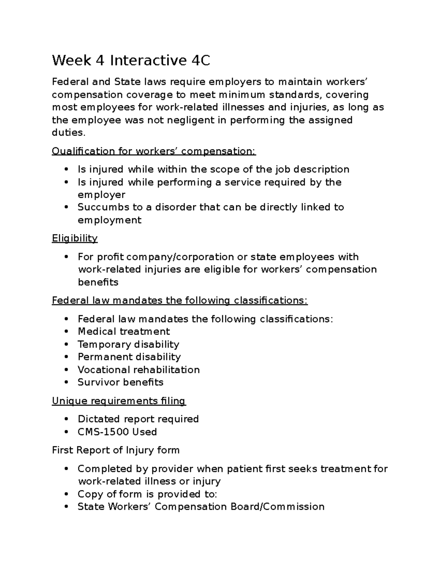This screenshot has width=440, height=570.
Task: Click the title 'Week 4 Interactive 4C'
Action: pos(131,61)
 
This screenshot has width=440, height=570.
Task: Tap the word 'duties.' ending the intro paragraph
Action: pos(69,133)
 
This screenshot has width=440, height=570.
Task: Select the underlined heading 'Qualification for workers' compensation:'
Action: pos(154,151)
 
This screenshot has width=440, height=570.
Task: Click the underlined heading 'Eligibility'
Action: pos(75,239)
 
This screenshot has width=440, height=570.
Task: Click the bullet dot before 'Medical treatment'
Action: pos(66,332)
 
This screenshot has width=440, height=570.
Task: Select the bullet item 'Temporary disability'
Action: pos(128,344)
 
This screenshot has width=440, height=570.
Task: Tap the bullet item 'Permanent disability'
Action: pos(129,357)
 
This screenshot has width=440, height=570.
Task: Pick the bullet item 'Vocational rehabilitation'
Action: pos(139,370)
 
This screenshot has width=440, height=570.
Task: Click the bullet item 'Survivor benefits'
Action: pos(120,382)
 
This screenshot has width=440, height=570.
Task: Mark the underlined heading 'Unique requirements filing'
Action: pos(119,401)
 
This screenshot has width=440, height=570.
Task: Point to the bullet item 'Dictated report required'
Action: pos(138,419)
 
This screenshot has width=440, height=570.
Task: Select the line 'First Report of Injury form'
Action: pos(115,450)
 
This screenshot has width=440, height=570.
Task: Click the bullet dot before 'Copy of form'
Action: pos(66,494)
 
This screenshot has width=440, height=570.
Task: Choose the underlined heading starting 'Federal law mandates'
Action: pos(180,301)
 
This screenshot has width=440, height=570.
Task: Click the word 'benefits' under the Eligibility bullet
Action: pos(98,282)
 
